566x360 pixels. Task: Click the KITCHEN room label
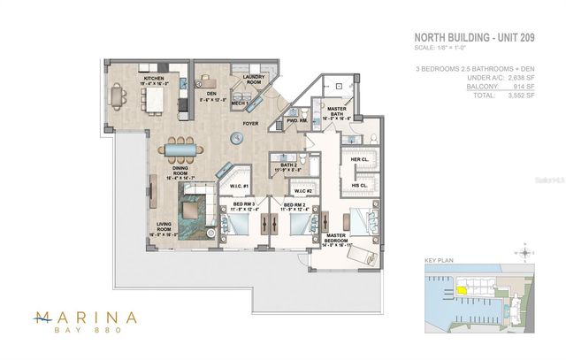[156, 80]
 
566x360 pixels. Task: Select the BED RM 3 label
[243, 205]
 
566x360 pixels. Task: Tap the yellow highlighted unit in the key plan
[462, 288]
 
